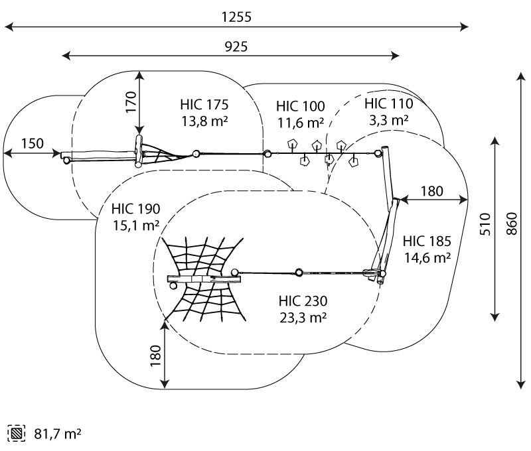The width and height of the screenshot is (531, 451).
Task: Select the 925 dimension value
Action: pos(236,46)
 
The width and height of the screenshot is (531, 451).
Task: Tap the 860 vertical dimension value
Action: pos(510,227)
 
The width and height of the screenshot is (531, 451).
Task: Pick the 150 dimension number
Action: pos(32,143)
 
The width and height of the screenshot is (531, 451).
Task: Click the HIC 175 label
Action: pos(204,105)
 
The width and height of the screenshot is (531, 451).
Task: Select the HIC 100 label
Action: pos(301,106)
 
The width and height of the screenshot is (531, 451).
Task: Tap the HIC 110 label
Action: pos(388,103)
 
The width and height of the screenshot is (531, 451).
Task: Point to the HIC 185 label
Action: pos(427,241)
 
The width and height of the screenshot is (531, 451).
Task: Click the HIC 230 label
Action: pos(303,301)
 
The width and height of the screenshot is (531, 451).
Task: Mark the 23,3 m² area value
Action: pos(303,318)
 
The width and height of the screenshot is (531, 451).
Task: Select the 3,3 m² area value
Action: pos(388,120)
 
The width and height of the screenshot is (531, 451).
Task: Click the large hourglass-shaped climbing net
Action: pos(202,277)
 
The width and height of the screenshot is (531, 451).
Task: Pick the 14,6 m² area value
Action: pos(427,258)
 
